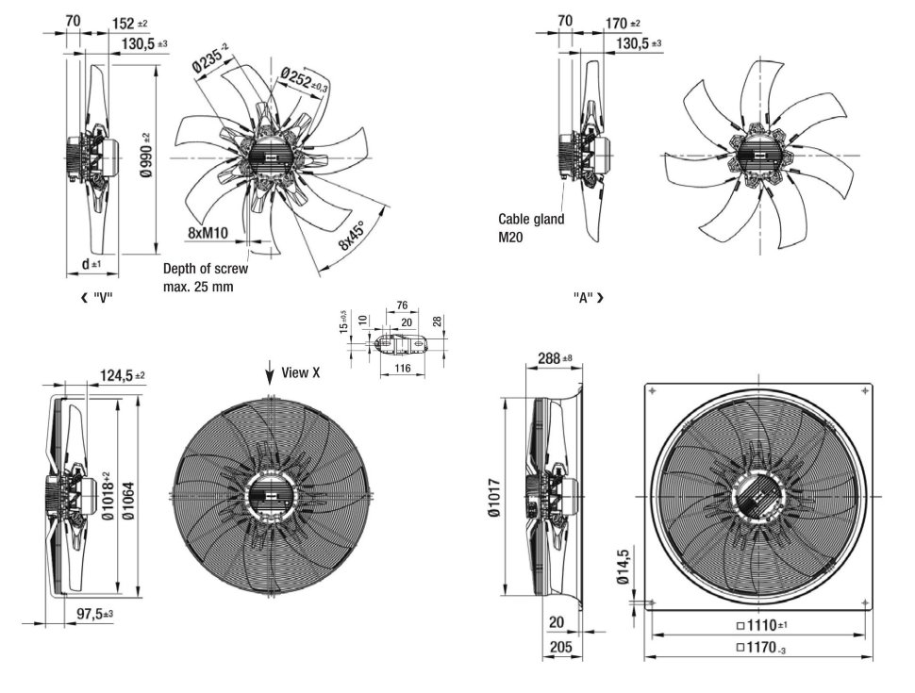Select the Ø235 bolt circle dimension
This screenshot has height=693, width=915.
click(x=210, y=59)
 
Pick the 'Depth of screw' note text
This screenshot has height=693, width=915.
click(x=208, y=269)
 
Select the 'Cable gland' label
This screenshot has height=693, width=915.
click(x=531, y=219)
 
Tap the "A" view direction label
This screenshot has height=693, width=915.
click(x=588, y=298)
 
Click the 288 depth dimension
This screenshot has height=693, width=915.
click(x=554, y=358)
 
